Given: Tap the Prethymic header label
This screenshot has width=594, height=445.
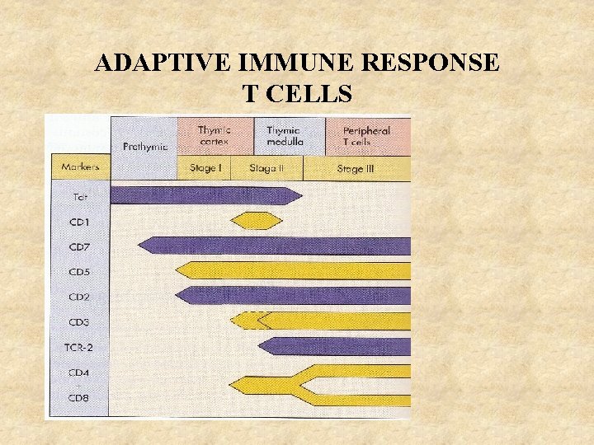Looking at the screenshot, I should [145, 147].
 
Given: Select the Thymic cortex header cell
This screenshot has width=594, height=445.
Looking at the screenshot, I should [214, 136].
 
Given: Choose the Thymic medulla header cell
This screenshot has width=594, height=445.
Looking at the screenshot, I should [285, 136].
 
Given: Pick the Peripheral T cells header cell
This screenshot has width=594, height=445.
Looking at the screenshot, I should [367, 136].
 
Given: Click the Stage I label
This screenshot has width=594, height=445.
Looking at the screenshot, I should [204, 168].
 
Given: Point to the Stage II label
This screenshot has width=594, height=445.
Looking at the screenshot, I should [266, 168].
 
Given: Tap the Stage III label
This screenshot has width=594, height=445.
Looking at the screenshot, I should [356, 168].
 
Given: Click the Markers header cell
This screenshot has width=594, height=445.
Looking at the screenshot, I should [80, 167].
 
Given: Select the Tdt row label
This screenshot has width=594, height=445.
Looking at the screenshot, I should [80, 197].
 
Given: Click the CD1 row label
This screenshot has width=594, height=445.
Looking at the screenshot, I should [80, 222].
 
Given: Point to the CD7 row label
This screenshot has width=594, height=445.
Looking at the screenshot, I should [80, 247].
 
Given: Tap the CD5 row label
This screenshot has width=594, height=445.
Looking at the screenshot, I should [80, 272].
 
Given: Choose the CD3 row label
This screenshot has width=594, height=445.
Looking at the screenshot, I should [80, 322].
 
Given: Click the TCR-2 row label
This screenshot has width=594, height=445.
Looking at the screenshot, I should [80, 347].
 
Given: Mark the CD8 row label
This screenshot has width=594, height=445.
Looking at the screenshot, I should [80, 398].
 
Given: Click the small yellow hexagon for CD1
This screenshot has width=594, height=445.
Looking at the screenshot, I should [255, 221].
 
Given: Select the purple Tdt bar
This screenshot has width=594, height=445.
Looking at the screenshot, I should [206, 195].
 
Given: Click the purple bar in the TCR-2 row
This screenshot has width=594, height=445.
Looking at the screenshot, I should [334, 346].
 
